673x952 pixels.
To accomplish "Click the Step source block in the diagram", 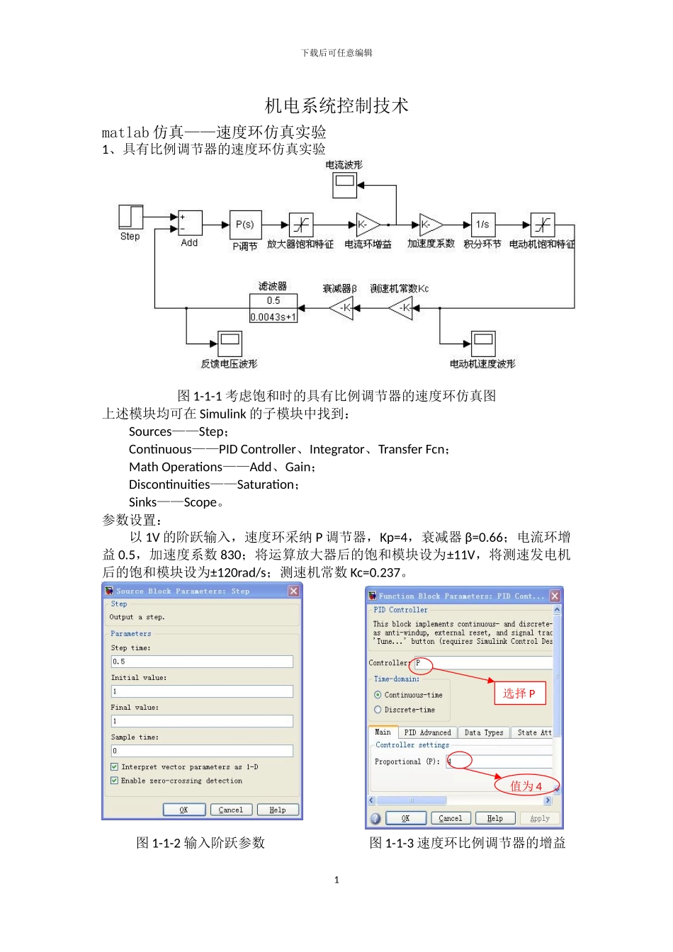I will coord(130,217).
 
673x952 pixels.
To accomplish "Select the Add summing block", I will coord(190,224).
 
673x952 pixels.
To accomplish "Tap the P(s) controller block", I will coord(245,225).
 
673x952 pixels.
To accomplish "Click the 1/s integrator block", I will coord(482,225).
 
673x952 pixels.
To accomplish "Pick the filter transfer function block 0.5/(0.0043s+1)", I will coord(273,309).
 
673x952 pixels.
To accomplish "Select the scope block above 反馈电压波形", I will coord(230,344).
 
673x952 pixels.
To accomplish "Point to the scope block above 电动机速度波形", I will coord(483,344).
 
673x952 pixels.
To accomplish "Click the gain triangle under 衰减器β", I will coord(342,308).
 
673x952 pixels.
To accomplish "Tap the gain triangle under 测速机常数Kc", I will coord(402,308).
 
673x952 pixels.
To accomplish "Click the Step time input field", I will coord(202,662).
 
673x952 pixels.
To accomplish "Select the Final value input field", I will coord(202,721).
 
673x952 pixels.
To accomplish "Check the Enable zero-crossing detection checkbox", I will coord(114,781).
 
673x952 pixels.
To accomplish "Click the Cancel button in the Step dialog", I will coord(230,810).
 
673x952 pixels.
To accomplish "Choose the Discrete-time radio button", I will coord(378,710).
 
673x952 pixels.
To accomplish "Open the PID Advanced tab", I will coord(427,733).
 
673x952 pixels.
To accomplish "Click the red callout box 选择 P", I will coord(519,693).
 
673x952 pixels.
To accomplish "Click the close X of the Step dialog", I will coord(293,591).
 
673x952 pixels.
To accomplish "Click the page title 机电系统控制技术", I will coord(336,106).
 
